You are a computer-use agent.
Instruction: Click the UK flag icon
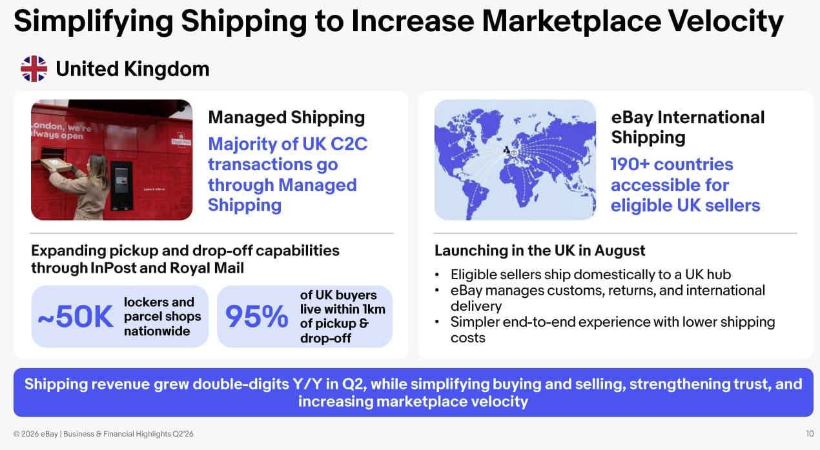coord(34,69)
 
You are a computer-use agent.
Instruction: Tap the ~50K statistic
coord(76,316)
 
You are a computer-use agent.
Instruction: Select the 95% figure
coord(256,316)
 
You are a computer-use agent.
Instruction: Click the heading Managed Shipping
coord(286,118)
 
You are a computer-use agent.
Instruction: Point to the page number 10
coord(810,433)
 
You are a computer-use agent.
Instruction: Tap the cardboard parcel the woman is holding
coord(56,165)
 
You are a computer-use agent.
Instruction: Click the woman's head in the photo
coord(97,164)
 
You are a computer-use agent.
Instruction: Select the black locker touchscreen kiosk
coord(121,186)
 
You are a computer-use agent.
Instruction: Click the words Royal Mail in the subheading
coord(207,268)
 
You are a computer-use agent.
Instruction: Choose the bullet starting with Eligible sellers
coord(591,275)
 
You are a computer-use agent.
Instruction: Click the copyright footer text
coord(103,434)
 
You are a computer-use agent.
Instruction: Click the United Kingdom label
coord(132,69)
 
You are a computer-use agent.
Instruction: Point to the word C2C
coord(349,144)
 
